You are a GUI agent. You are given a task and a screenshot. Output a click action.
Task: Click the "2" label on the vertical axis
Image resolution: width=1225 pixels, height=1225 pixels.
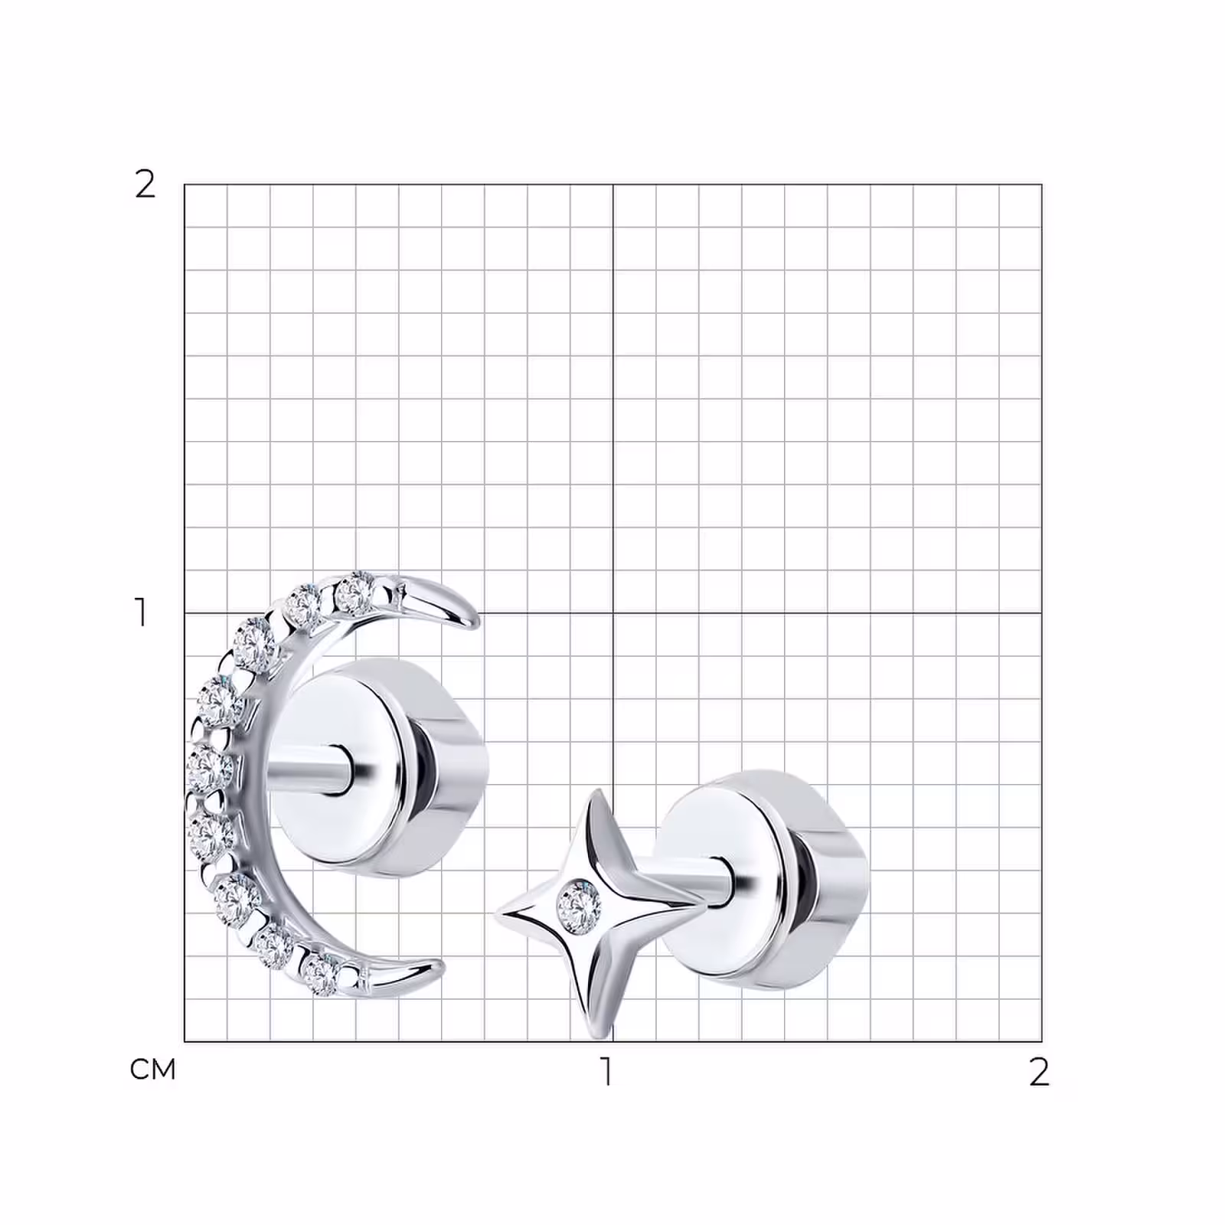[145, 185]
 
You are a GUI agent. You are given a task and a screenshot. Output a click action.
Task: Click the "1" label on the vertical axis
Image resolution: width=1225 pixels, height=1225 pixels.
[141, 612]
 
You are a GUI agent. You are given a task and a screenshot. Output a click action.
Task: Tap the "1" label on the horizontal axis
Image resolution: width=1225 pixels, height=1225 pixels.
[607, 1072]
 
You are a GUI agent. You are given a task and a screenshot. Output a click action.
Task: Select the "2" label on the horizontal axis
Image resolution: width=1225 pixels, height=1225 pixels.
[1039, 1072]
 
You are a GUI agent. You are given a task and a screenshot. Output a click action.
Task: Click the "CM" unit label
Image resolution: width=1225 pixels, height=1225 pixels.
[153, 1070]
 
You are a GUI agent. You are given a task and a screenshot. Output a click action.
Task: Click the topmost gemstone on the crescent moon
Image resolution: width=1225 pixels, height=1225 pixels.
[354, 594]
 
